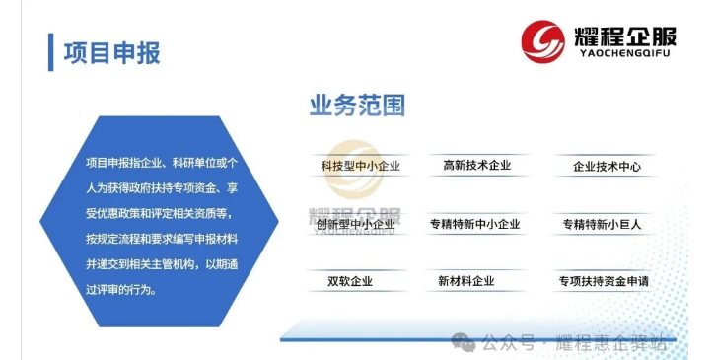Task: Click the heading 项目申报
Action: (112, 53)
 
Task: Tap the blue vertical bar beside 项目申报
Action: (50, 52)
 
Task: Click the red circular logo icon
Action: (542, 41)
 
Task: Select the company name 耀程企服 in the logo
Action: (624, 36)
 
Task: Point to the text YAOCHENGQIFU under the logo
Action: (624, 53)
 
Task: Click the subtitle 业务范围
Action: (357, 106)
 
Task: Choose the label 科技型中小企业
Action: (360, 166)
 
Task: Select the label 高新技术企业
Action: (477, 165)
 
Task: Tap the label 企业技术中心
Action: (607, 167)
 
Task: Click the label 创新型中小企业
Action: (356, 224)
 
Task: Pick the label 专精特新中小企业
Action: (474, 224)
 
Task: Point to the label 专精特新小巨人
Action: (602, 224)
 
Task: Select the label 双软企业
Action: (350, 281)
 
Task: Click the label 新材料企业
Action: (466, 281)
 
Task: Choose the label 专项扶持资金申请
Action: (604, 281)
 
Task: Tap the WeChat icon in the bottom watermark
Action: (464, 342)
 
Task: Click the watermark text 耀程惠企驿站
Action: (611, 343)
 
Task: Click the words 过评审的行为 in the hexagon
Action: (119, 289)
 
